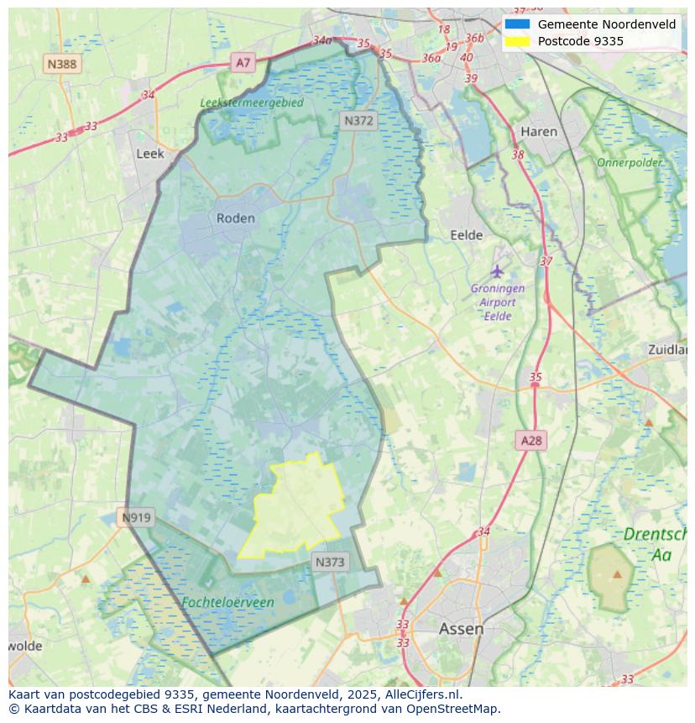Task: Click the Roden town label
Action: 235,218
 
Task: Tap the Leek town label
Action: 150,154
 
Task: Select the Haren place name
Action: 539,132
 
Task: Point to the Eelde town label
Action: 467,235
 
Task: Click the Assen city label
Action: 461,629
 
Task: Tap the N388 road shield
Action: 62,64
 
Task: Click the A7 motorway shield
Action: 243,62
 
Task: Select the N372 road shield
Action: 358,121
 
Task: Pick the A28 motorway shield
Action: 531,440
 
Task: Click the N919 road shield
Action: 136,517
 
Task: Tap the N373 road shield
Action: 330,562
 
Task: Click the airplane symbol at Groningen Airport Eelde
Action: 498,271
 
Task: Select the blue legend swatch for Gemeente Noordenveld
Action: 517,24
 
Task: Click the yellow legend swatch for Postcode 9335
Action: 517,41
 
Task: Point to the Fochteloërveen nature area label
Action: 227,602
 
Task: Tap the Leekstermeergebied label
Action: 252,102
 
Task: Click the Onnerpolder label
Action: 630,162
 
